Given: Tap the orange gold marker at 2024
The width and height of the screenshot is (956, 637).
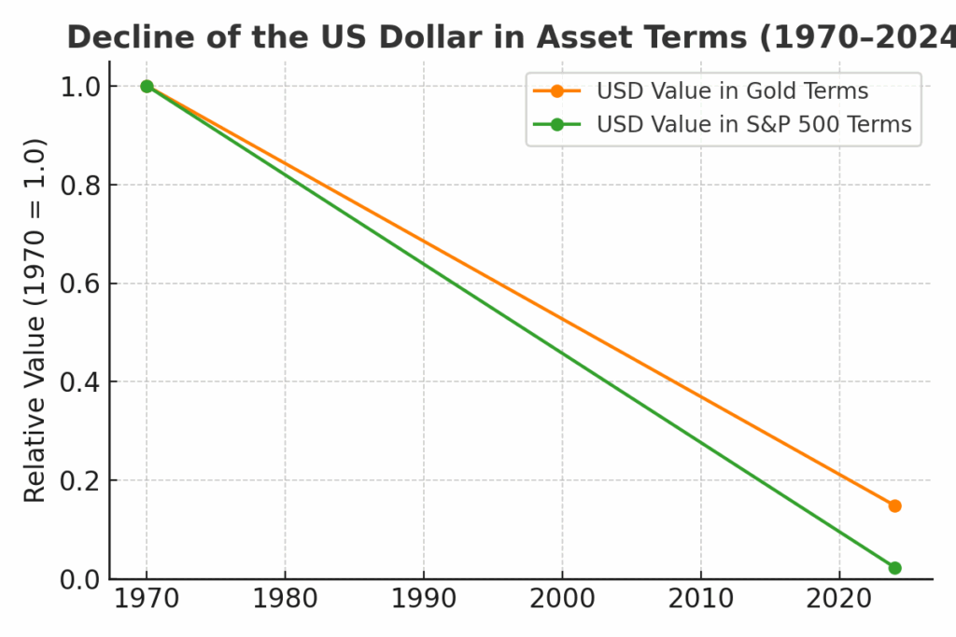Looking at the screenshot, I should (894, 505).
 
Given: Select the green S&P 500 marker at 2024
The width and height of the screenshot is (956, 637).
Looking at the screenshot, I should (894, 568).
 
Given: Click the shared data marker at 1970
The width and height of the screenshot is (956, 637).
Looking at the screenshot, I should (147, 86).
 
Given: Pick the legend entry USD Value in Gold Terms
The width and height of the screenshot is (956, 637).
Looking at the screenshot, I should (732, 91).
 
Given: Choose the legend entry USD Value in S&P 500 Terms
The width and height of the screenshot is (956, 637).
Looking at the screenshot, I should (753, 124).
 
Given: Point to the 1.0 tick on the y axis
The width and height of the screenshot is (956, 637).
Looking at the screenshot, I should (80, 87).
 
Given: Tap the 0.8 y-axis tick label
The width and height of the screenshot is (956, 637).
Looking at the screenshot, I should (80, 186).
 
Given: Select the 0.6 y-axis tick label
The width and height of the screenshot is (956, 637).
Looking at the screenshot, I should (80, 284).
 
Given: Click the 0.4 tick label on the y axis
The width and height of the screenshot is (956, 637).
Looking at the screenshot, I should (80, 382).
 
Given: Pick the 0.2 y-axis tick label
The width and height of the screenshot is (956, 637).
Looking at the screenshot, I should (80, 481).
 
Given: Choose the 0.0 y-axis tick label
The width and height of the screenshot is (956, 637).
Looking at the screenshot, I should (80, 579).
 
